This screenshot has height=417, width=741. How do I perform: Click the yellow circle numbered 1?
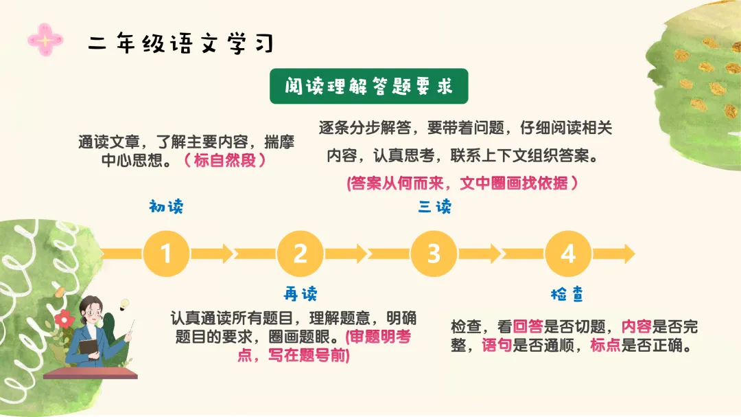coord(166,253)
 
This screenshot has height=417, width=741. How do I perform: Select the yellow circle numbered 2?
coord(300,253)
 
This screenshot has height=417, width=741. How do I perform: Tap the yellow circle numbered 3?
coord(434,253)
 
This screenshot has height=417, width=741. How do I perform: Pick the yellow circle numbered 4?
coord(567,253)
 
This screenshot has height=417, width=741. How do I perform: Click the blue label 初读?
coord(166,206)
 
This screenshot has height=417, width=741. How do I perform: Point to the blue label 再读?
coord(301,294)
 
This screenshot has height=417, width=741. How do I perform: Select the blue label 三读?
coord(434,206)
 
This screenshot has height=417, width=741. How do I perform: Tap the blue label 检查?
coord(567,294)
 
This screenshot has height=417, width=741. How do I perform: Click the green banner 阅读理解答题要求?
coord(368,87)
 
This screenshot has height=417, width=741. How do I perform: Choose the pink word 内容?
coord(636,327)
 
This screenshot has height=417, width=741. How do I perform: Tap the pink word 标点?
coord(605,345)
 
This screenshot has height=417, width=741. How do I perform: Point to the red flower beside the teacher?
coord(64,319)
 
